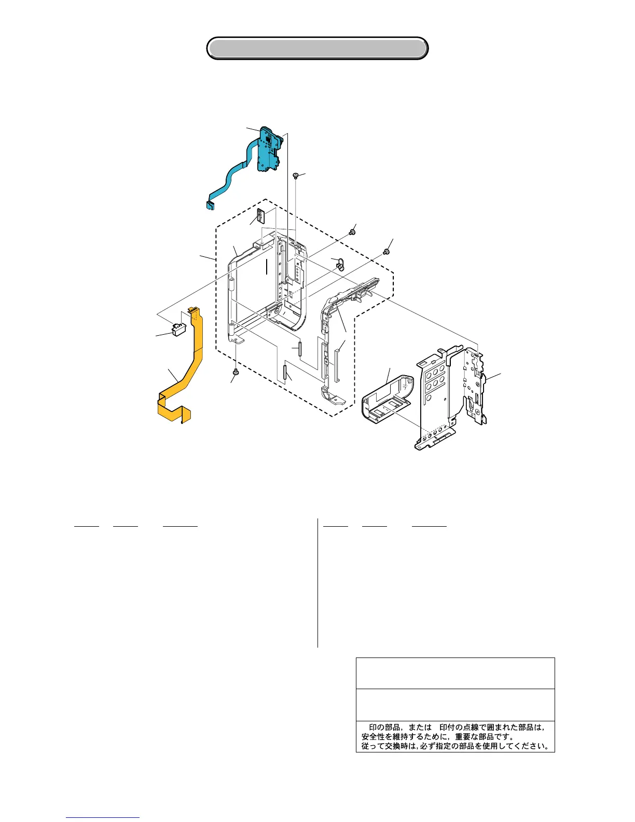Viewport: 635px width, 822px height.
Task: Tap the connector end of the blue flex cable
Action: coord(210,205)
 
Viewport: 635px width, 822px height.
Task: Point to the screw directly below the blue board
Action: coord(295,176)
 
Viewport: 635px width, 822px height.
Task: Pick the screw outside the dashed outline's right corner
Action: coord(386,252)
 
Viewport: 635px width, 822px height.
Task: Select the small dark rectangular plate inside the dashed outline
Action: coord(260,215)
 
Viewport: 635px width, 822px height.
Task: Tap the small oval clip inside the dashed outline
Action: coord(340,265)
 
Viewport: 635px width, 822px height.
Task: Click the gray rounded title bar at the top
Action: coord(317,48)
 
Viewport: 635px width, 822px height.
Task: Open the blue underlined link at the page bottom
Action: coord(103,817)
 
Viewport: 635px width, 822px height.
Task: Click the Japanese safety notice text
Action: coord(455,736)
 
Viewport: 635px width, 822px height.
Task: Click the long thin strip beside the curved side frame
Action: coord(337,364)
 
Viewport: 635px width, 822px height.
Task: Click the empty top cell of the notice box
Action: coord(455,673)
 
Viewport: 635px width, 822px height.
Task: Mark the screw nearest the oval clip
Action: coord(352,231)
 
